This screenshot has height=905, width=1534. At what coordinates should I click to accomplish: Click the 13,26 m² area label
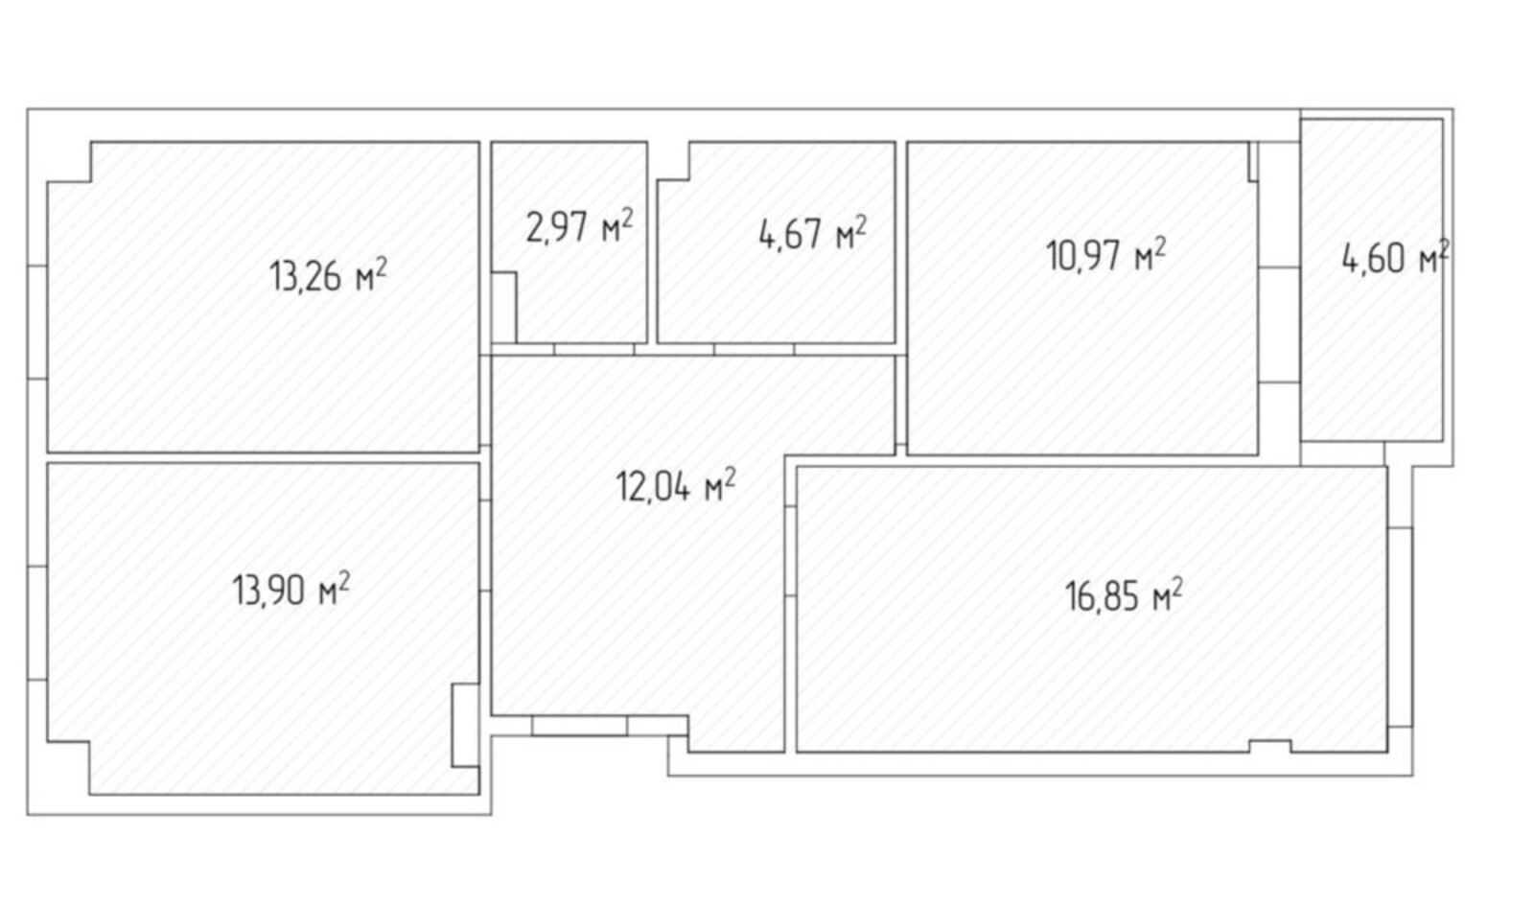pyautogui.click(x=328, y=275)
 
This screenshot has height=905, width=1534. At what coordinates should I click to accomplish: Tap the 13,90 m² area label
pyautogui.click(x=291, y=590)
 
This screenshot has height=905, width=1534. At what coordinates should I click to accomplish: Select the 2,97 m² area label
pyautogui.click(x=579, y=226)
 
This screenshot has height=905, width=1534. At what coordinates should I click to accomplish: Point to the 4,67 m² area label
pyautogui.click(x=812, y=233)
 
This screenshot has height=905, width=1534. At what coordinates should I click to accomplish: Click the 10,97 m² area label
pyautogui.click(x=1105, y=255)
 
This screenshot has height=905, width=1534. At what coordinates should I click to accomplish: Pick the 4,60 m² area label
pyautogui.click(x=1395, y=258)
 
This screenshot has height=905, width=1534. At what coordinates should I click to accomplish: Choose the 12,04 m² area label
pyautogui.click(x=676, y=485)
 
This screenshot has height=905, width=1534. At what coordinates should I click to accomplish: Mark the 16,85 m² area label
pyautogui.click(x=1124, y=595)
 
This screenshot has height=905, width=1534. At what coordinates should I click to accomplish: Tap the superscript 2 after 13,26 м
pyautogui.click(x=381, y=267)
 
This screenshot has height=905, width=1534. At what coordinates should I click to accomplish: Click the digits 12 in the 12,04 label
pyautogui.click(x=629, y=486)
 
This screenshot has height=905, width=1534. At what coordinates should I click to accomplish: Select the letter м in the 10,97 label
pyautogui.click(x=1144, y=260)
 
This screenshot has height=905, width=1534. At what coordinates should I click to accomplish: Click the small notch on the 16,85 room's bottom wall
pyautogui.click(x=1270, y=746)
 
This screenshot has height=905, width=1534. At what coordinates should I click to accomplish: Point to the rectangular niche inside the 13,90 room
pyautogui.click(x=465, y=725)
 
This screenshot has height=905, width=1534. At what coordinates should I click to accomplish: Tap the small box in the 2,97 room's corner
pyautogui.click(x=504, y=307)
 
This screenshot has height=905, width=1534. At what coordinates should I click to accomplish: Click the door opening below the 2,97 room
pyautogui.click(x=593, y=349)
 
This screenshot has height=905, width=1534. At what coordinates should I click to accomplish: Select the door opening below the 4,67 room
pyautogui.click(x=754, y=349)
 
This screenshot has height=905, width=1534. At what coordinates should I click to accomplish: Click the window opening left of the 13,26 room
pyautogui.click(x=37, y=322)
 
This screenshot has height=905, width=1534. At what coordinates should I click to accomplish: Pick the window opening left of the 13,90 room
pyautogui.click(x=37, y=623)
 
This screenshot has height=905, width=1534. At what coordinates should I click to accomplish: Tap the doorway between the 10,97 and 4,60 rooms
pyautogui.click(x=1279, y=325)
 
